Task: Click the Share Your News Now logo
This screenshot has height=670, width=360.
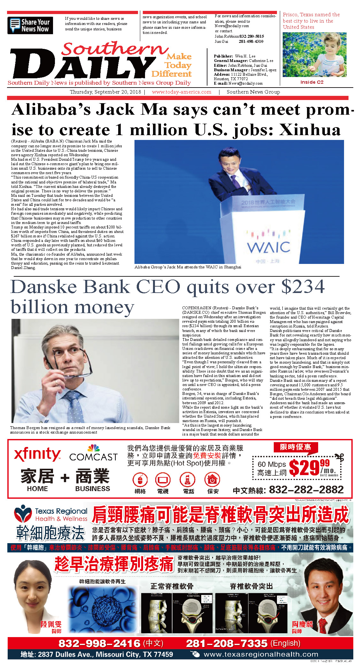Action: [x=30, y=26]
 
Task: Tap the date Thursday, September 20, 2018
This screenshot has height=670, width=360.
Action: [x=105, y=92]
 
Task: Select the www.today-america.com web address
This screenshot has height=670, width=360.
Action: [x=181, y=92]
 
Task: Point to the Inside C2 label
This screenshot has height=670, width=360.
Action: [x=312, y=82]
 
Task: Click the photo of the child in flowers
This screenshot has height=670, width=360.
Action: [x=314, y=55]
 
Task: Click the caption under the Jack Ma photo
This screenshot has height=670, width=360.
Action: [x=188, y=267]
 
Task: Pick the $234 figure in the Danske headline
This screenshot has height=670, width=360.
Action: [x=303, y=287]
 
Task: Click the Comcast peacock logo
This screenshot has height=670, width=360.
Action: [x=93, y=448]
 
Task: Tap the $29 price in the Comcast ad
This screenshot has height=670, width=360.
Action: [x=304, y=468]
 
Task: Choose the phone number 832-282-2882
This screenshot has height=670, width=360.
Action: [x=306, y=489]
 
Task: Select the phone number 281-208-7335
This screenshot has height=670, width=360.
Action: [x=226, y=643]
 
